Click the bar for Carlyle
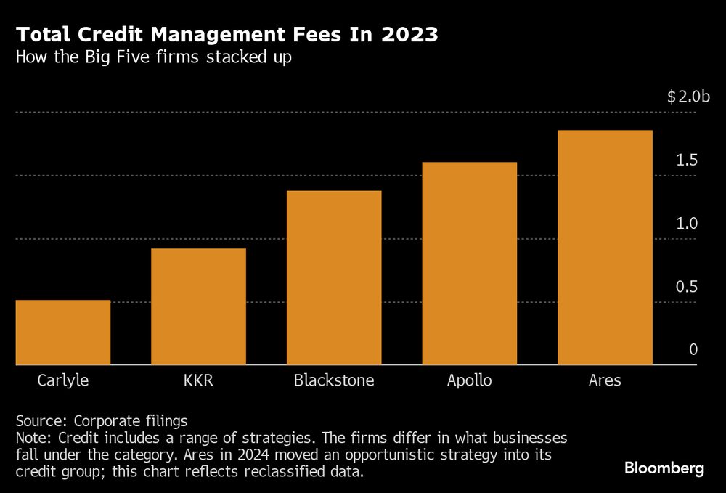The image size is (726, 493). [62, 332]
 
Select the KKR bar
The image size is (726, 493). [198, 306]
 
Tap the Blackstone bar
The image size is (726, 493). [334, 277]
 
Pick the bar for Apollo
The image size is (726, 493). [469, 263]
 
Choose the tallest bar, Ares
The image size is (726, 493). [605, 247]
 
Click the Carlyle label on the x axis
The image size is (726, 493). [62, 380]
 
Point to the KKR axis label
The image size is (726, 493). [198, 380]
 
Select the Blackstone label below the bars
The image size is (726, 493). [334, 380]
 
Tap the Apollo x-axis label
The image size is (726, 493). [469, 380]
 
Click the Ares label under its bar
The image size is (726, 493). [605, 380]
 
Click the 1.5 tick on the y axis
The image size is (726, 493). [687, 160]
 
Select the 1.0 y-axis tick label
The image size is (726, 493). [687, 224]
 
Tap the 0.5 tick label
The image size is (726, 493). [687, 287]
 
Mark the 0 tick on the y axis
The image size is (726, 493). [693, 350]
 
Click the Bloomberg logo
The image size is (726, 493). [664, 468]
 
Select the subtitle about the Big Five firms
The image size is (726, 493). [154, 57]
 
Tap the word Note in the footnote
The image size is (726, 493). [32, 438]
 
